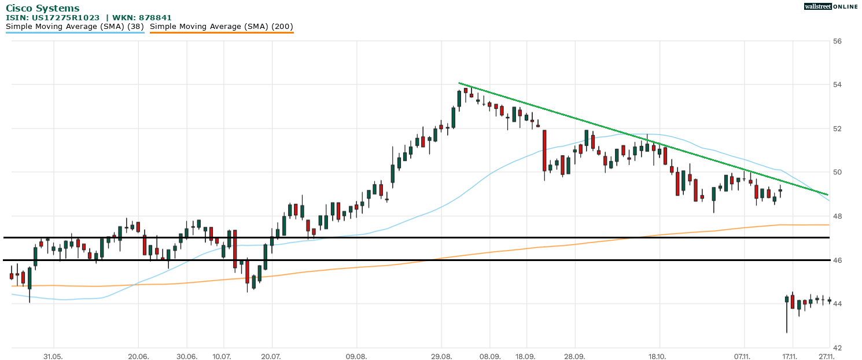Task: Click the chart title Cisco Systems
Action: click(x=43, y=8)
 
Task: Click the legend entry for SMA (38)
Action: click(x=75, y=27)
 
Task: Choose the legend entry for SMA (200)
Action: click(x=222, y=27)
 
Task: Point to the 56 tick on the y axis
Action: click(x=837, y=41)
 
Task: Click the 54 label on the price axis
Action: click(x=837, y=85)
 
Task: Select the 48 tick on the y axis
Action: click(x=837, y=216)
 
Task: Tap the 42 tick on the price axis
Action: click(x=837, y=348)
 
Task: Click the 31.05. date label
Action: click(x=53, y=357)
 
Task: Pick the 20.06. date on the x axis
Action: click(x=138, y=357)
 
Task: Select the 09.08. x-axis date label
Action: click(x=356, y=357)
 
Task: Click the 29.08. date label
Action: click(x=441, y=357)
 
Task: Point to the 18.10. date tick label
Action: click(x=660, y=357)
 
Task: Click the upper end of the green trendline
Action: click(x=459, y=83)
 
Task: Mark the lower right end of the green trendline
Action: click(x=828, y=194)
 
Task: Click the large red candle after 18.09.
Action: click(x=544, y=150)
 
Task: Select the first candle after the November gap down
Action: click(x=787, y=300)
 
